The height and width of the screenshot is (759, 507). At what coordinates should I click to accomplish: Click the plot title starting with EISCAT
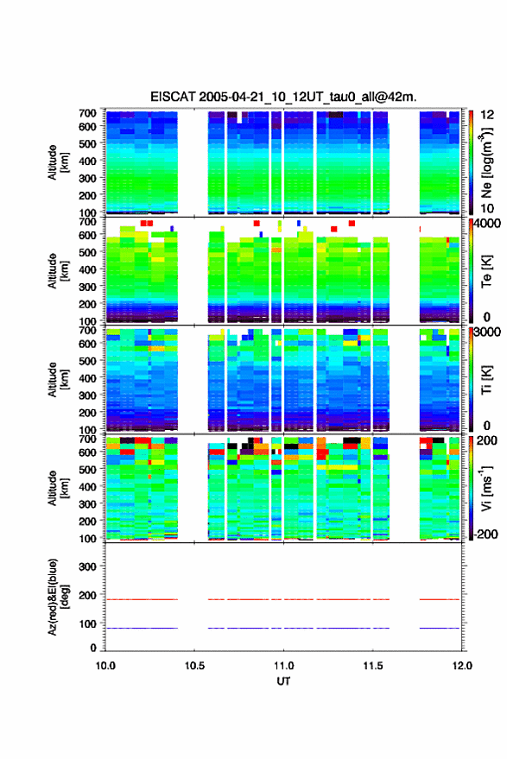pos(283,97)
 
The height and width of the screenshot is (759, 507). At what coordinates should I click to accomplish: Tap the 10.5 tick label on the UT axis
pos(194,666)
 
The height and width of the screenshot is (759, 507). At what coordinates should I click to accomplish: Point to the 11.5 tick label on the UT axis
pos(373,666)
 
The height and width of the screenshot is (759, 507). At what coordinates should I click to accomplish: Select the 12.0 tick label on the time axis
pos(462,666)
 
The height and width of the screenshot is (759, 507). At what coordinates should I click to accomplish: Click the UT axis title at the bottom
pos(283,681)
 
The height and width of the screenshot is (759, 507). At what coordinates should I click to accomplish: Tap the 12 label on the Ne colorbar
pos(487,115)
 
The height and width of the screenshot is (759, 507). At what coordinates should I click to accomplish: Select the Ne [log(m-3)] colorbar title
pos(486,163)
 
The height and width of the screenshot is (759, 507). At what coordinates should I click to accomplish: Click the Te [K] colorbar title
pos(486,271)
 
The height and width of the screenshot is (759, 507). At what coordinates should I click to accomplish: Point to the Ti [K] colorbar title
pos(486,379)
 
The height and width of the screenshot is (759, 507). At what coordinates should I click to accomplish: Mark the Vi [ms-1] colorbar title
pos(486,488)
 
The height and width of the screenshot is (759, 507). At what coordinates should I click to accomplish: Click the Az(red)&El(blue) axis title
pos(59,597)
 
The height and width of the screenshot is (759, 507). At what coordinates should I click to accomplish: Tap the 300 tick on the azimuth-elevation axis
pos(87,566)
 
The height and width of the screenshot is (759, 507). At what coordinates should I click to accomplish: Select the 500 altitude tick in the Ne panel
pos(87,143)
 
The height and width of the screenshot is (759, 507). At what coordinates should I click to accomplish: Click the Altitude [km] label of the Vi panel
pos(59,488)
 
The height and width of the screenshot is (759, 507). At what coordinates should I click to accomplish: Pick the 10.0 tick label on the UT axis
pos(105,666)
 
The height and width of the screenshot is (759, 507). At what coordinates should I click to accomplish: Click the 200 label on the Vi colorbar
pos(486,440)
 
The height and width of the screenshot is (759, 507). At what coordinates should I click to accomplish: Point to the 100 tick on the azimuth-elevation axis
pos(87,624)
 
